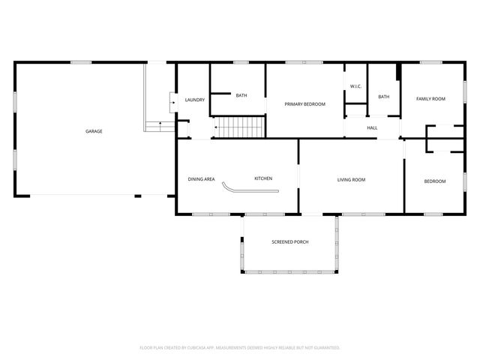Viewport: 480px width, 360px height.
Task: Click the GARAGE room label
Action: (x=94, y=131)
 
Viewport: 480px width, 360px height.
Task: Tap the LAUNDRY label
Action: (x=195, y=100)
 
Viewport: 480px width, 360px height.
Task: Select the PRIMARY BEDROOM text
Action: (x=304, y=103)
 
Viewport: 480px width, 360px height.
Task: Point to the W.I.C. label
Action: (x=355, y=86)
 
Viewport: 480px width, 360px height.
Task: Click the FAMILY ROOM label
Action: (x=431, y=99)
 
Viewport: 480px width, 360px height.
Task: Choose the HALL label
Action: (x=372, y=128)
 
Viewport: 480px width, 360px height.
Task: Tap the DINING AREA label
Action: (x=201, y=178)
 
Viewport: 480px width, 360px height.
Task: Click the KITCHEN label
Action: (x=263, y=178)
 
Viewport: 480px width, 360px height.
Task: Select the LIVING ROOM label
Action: (x=351, y=179)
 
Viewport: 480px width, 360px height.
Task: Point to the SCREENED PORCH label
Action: (x=290, y=241)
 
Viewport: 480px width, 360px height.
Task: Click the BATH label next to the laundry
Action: (x=241, y=95)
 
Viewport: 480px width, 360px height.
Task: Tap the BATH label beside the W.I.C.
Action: (x=384, y=97)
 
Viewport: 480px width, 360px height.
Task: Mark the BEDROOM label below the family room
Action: (x=435, y=181)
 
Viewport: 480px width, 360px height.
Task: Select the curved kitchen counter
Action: (x=251, y=192)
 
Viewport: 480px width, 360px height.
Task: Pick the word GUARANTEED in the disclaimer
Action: (x=325, y=347)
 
